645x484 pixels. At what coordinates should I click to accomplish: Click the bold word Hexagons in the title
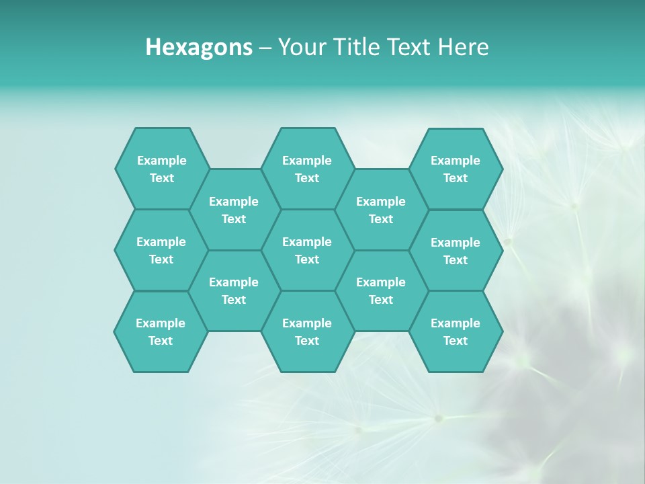(x=199, y=47)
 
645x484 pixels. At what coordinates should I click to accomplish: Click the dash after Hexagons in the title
(x=265, y=48)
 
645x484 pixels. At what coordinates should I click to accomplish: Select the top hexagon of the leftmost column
(x=161, y=169)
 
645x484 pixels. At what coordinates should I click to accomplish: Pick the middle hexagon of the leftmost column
(x=161, y=250)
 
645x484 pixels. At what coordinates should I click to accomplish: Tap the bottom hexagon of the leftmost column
(x=161, y=331)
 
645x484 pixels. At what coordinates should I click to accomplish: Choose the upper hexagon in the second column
(x=234, y=210)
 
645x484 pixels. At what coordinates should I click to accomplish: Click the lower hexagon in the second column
(x=234, y=290)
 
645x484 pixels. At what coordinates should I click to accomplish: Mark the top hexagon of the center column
(x=307, y=169)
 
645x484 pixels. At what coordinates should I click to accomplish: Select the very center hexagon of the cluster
(x=307, y=250)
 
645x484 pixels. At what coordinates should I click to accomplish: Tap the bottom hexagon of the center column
(x=307, y=331)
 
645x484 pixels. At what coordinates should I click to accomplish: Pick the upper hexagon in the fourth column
(x=381, y=210)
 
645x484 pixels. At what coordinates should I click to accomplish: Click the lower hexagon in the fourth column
(x=381, y=290)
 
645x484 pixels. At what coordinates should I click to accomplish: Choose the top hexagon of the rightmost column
(x=456, y=169)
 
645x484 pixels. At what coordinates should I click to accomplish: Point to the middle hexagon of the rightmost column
(x=456, y=251)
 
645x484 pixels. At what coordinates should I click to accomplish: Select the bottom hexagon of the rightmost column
(x=456, y=331)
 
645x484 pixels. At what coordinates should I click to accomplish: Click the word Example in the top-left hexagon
(x=161, y=161)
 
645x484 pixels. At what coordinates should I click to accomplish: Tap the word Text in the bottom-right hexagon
(x=456, y=341)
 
